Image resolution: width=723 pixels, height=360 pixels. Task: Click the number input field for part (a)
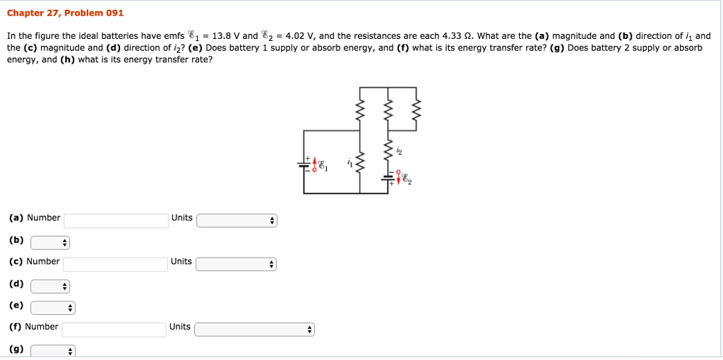click(116, 220)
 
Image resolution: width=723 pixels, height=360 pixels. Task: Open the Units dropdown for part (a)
click(237, 221)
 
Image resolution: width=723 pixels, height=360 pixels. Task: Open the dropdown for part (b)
click(50, 243)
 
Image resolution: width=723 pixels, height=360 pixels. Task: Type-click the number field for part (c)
click(115, 264)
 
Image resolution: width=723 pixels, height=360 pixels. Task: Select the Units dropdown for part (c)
click(236, 265)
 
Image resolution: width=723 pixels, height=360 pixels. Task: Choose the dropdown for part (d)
click(50, 287)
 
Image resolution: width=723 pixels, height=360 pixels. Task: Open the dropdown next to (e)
click(52, 308)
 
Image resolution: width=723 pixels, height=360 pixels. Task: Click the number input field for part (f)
click(114, 329)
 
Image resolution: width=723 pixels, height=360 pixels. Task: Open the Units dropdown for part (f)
click(254, 330)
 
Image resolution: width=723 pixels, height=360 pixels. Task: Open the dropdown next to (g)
click(52, 351)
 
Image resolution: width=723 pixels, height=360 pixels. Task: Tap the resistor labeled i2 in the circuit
click(387, 151)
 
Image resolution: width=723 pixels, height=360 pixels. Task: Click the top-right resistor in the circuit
click(415, 109)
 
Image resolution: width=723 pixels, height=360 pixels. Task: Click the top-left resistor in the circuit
click(359, 109)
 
